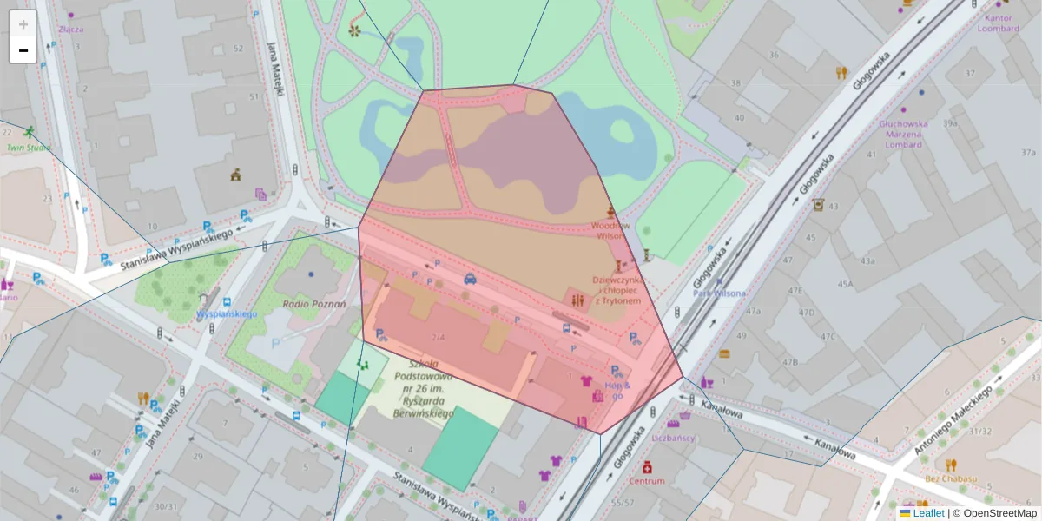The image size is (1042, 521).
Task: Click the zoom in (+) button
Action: pyautogui.click(x=23, y=23)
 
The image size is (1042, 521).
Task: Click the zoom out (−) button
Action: pyautogui.click(x=23, y=49)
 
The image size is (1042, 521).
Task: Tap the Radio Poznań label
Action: pyautogui.click(x=314, y=304)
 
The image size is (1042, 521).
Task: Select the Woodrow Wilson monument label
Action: pyautogui.click(x=610, y=230)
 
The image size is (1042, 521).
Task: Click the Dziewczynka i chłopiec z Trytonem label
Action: pyautogui.click(x=617, y=290)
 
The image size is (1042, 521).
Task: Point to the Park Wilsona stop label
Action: pyautogui.click(x=718, y=293)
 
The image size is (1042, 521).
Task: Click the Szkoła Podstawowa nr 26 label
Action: pyautogui.click(x=423, y=388)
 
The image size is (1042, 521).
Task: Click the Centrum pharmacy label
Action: pyautogui.click(x=646, y=480)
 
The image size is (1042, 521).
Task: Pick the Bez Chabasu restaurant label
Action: pyautogui.click(x=951, y=478)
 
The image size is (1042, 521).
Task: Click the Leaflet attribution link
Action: pyautogui.click(x=929, y=513)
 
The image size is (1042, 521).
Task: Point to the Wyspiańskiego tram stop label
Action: pyautogui.click(x=227, y=313)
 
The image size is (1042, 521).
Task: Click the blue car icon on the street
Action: pyautogui.click(x=470, y=279)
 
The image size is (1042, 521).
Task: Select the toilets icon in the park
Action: pyautogui.click(x=579, y=300)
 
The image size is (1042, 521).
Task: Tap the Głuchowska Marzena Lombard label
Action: pyautogui.click(x=903, y=134)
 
